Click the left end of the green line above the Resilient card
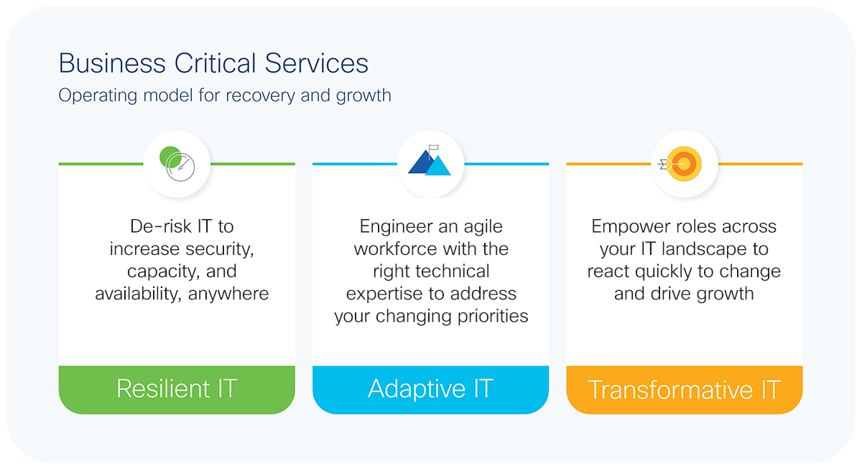click(59, 164)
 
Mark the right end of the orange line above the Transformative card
click(802, 164)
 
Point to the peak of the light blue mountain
click(438, 155)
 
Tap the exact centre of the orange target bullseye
click(684, 164)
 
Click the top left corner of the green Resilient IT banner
click(59, 366)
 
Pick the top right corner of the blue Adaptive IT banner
click(549, 366)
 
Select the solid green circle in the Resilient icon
click(170, 157)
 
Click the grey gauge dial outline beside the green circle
click(180, 167)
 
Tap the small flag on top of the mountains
click(434, 148)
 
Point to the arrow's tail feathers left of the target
click(662, 164)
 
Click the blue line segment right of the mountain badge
click(506, 164)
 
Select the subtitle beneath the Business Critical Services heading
click(225, 96)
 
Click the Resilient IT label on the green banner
click(177, 389)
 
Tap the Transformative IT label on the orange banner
click(684, 390)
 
